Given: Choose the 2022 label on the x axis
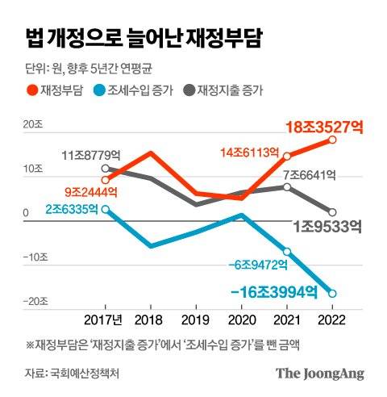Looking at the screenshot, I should pos(332,320).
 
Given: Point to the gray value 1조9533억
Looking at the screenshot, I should pos(327,227).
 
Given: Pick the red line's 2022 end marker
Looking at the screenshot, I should pos(332,140).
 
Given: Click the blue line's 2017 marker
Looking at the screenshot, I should pos(106,208).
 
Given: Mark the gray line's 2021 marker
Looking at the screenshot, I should pos(287,186).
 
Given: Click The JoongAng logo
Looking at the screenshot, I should pos(319,373).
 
